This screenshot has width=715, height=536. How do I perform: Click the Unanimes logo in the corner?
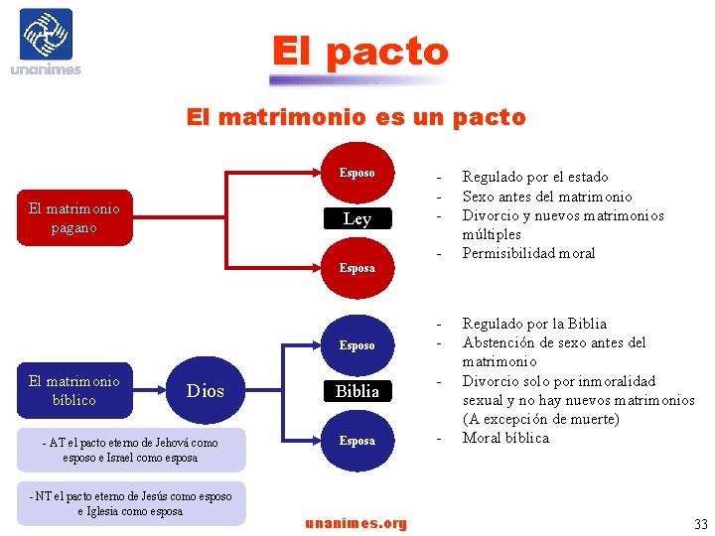coord(46,42)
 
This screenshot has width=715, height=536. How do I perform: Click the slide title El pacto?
coord(360,51)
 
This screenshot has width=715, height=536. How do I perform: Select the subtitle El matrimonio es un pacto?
coord(357,117)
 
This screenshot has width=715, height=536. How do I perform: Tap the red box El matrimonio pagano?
coord(74,218)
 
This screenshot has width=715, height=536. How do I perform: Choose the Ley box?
coord(357,219)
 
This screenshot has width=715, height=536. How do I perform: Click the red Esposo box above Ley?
coord(357,173)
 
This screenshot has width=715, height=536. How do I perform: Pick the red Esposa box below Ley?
coord(357,268)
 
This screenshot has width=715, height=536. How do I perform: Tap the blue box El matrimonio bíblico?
coord(74,390)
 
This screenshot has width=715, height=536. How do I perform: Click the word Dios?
coord(206,391)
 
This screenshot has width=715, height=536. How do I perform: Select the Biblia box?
coord(357,391)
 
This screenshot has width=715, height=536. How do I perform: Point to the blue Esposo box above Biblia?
coord(357,345)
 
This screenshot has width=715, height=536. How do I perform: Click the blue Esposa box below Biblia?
coord(357,440)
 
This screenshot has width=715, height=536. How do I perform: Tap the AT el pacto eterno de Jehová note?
coord(130,450)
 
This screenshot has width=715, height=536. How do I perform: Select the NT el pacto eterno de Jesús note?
coord(130,503)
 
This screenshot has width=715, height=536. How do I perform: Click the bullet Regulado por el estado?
coord(535,177)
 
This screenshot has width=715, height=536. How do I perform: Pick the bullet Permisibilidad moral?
coord(528,253)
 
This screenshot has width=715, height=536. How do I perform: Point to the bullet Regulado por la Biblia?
coord(534,324)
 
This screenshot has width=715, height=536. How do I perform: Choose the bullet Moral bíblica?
coord(505,438)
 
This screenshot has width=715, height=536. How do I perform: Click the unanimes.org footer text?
coord(356,523)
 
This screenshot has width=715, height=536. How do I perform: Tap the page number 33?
coord(701,524)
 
